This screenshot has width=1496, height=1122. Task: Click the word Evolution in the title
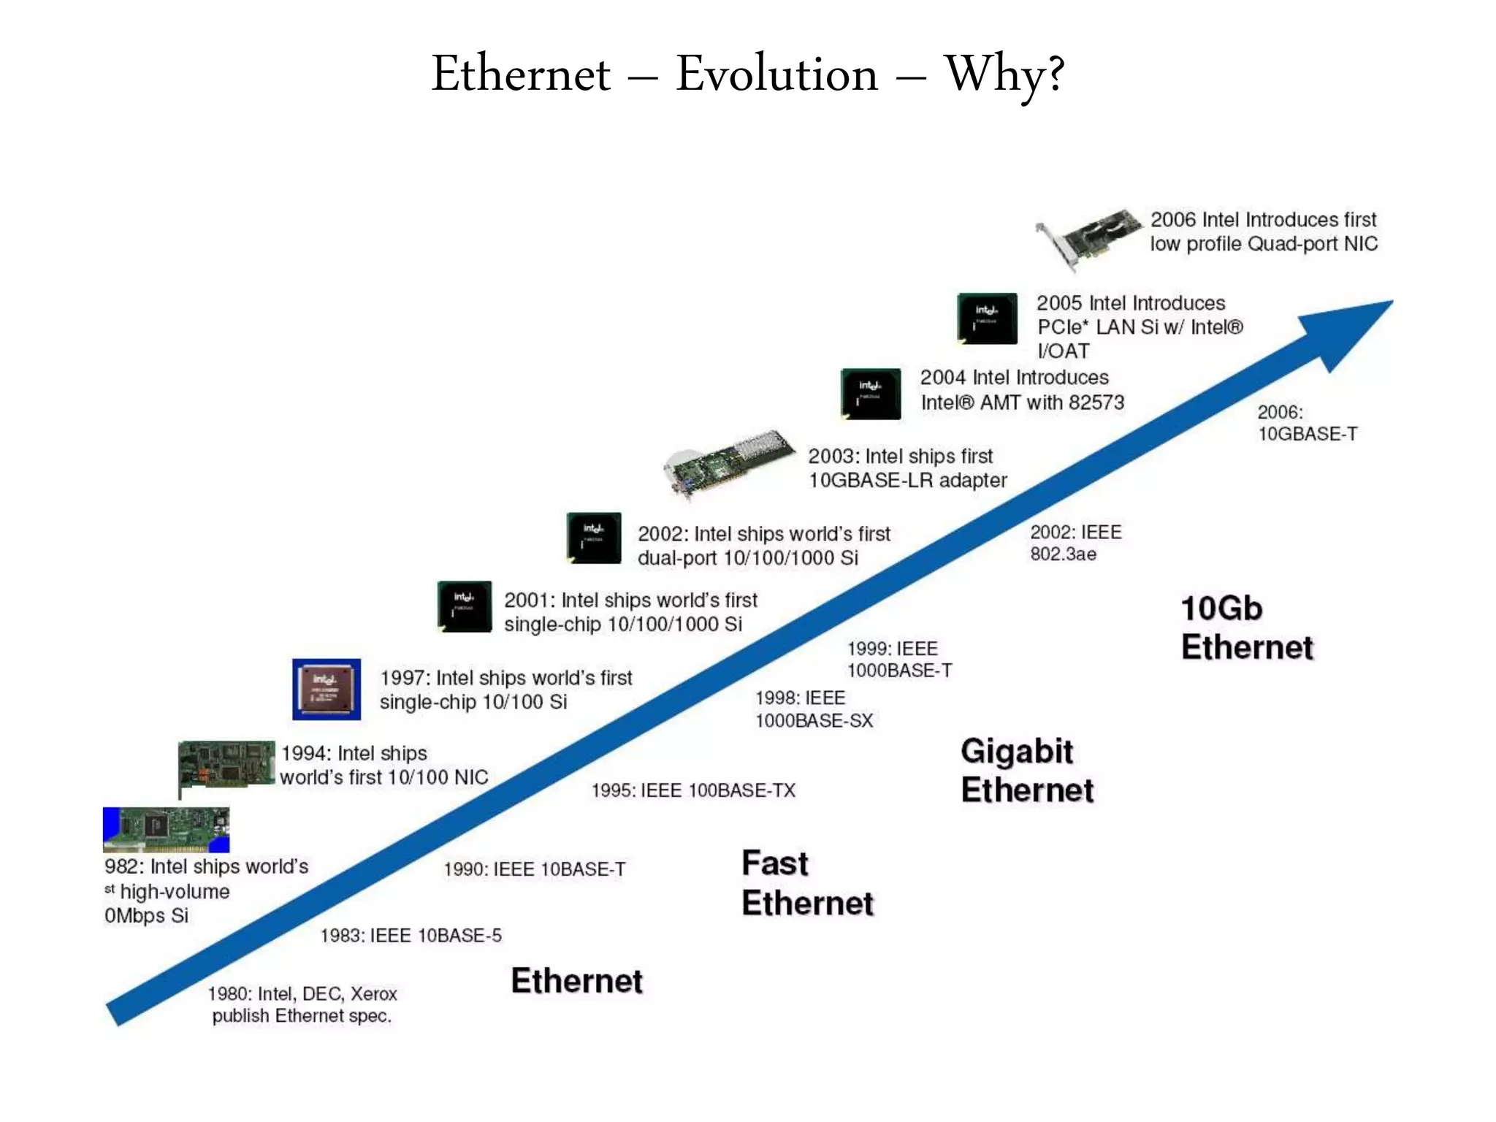[776, 75]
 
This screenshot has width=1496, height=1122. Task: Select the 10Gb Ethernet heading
[1246, 627]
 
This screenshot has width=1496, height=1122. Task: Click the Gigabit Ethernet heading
[1026, 771]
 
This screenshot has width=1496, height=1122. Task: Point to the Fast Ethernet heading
[807, 883]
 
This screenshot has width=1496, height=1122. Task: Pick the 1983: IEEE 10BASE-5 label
[411, 936]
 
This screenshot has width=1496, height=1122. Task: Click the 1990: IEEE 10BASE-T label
[534, 869]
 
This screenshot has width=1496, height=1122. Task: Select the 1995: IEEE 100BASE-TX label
[693, 790]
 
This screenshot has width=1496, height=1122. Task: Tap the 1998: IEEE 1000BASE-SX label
[814, 709]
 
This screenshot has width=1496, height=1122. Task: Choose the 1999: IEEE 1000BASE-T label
[899, 660]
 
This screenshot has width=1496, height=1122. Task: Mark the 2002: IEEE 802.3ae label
[1075, 543]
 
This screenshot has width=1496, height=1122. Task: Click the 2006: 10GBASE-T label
[1307, 423]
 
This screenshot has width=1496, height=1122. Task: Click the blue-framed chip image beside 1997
[327, 690]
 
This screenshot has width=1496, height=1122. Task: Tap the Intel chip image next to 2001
[465, 606]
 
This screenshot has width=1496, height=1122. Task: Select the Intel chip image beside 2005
[987, 318]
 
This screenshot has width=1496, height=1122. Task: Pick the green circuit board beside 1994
[226, 765]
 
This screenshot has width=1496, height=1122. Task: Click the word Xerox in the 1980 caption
[373, 993]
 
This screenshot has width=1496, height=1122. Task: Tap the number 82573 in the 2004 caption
[1096, 402]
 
